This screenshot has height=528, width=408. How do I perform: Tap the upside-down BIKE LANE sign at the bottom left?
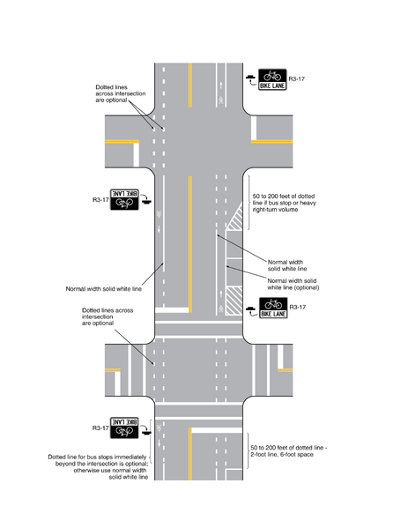pyautogui.click(x=126, y=429)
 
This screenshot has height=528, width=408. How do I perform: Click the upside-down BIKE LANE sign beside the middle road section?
pyautogui.click(x=126, y=198)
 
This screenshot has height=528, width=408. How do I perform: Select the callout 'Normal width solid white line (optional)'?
pyautogui.click(x=286, y=284)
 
